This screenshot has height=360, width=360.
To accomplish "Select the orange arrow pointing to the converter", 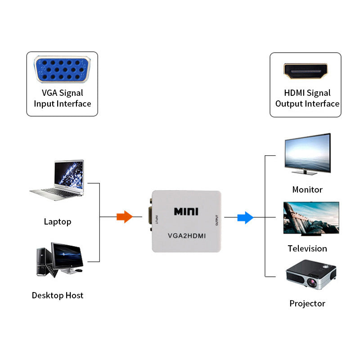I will (x=125, y=217).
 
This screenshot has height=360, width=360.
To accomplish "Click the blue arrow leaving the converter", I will (x=245, y=218).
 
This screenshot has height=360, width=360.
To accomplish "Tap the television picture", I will (x=310, y=218).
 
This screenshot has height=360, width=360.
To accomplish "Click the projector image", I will (x=311, y=274).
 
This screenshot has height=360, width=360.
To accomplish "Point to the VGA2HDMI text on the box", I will (x=186, y=235).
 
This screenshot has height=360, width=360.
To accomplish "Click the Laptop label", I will (x=58, y=221).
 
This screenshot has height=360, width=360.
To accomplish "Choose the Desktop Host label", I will (x=58, y=296).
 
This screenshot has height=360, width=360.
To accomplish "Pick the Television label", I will (x=307, y=248).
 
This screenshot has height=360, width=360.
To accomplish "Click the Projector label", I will (x=307, y=303).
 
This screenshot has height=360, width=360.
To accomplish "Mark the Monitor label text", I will (x=307, y=189).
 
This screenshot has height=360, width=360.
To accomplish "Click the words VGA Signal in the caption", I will (x=62, y=93).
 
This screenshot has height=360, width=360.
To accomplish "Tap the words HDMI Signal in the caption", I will (x=307, y=93).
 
